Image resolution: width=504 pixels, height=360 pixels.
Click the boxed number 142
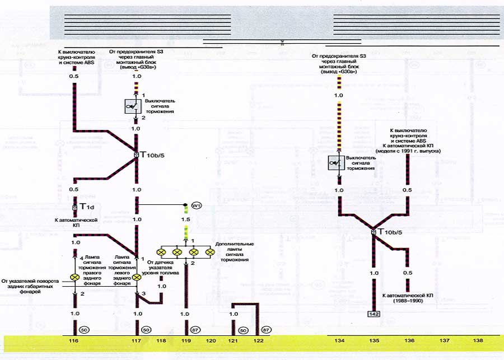tap(374, 315)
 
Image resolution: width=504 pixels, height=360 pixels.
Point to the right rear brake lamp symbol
tap(73, 277)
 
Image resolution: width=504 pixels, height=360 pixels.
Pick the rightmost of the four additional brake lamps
tap(210, 253)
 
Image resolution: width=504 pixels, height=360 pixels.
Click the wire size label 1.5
tap(185, 219)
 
